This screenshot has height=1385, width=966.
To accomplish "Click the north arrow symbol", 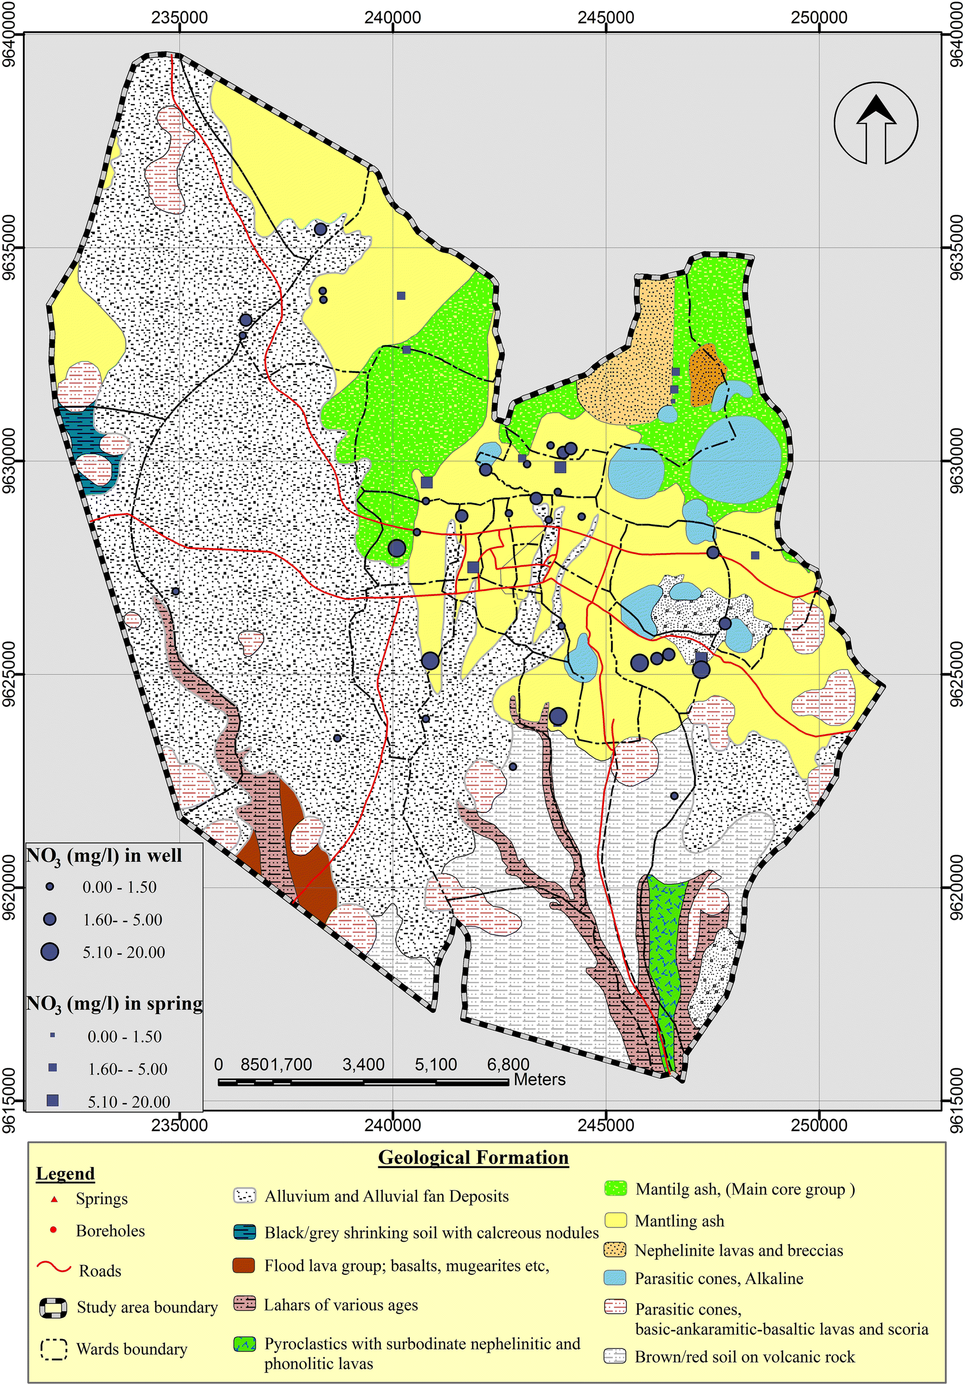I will click(876, 124).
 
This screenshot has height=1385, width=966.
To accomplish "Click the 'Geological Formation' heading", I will click(473, 1157).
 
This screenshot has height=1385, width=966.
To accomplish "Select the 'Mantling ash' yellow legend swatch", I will click(615, 1220).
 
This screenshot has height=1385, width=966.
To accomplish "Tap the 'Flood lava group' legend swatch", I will click(244, 1265).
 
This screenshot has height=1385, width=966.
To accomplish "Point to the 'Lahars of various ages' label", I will click(341, 1305).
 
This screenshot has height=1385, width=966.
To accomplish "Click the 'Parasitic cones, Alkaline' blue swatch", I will click(615, 1278).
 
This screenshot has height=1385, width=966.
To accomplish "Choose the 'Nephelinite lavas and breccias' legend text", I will click(739, 1250).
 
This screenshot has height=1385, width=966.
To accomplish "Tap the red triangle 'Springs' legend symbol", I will click(55, 1199).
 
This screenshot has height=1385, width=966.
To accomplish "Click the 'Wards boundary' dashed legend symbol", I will click(53, 1349).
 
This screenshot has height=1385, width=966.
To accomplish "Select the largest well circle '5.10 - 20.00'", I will click(50, 952).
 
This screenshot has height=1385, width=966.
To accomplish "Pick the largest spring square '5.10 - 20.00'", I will click(52, 1100).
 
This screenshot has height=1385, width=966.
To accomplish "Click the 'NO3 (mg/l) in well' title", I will click(104, 856).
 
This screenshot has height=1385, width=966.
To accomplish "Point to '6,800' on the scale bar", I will click(508, 1064).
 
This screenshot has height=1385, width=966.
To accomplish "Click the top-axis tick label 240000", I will click(393, 17).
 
